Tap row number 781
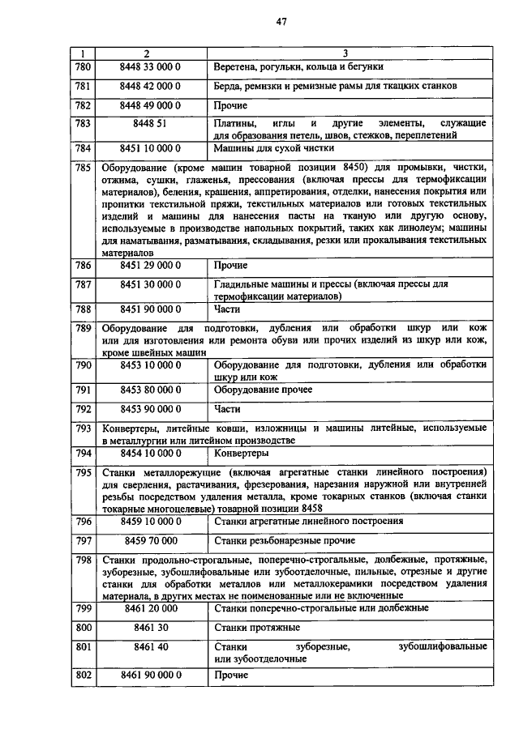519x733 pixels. pos(83,85)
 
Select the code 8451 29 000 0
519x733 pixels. pos(150,265)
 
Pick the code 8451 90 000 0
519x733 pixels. pos(150,309)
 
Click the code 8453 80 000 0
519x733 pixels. pos(150,389)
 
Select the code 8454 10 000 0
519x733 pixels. pos(150,452)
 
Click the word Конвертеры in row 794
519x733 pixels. pos(242,453)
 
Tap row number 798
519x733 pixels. pos(83,560)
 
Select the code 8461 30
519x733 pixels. pos(150,626)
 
